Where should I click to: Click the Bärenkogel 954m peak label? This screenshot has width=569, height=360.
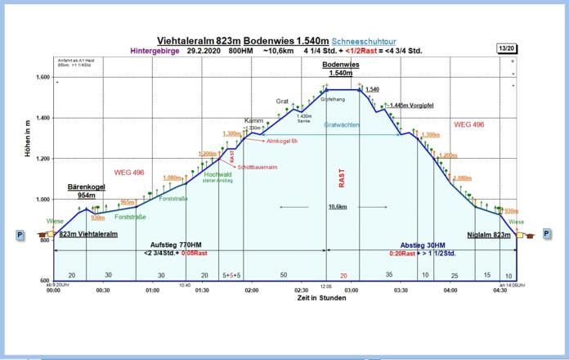coord(85,191)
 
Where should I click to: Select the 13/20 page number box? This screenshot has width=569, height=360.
coord(506,49)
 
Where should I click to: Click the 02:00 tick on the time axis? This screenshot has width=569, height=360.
coord(252,290)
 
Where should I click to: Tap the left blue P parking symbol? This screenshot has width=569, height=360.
coord(19,235)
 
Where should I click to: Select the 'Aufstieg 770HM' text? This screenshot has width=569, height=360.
coord(178,245)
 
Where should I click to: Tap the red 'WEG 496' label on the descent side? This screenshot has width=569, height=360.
coord(470,124)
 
